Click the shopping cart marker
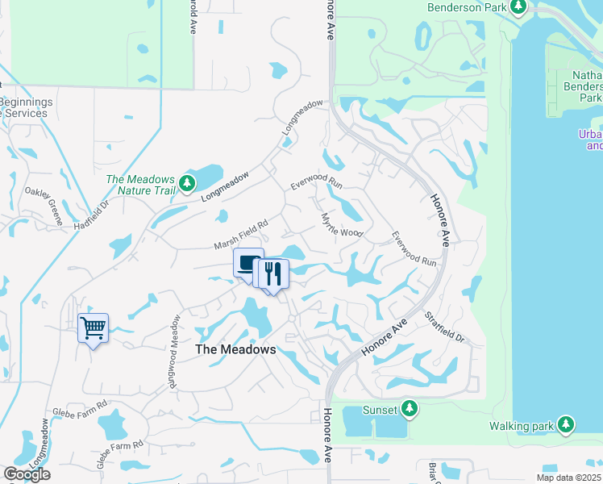pyautogui.click(x=94, y=328)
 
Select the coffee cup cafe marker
pyautogui.click(x=248, y=262)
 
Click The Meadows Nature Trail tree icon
pyautogui.click(x=187, y=183)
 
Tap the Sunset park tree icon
pyautogui.click(x=410, y=409)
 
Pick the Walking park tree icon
pyautogui.click(x=566, y=423)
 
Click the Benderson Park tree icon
pyautogui.click(x=518, y=8)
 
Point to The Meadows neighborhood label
pyautogui.click(x=236, y=349)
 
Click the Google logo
pyautogui.click(x=27, y=474)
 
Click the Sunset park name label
pyautogui.click(x=379, y=410)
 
